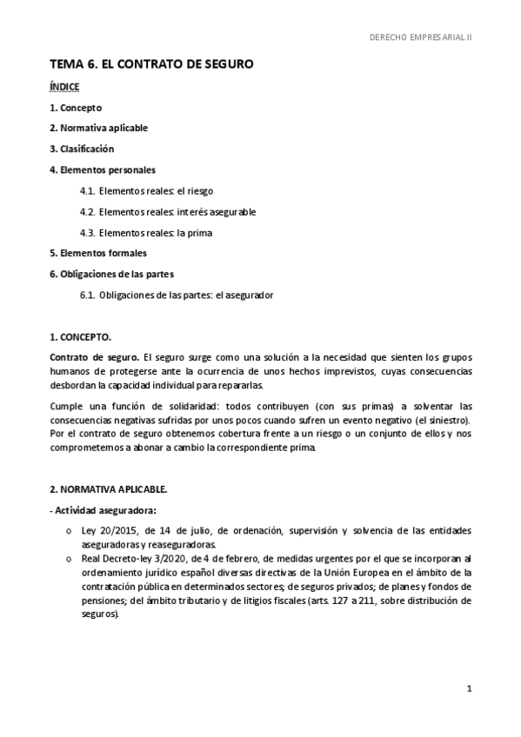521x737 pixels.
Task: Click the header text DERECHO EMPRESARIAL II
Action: [x=420, y=38]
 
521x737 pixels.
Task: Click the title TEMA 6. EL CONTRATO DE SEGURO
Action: [x=151, y=65]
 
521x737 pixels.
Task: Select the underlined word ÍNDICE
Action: [x=64, y=87]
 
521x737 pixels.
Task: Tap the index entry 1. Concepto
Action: [x=76, y=108]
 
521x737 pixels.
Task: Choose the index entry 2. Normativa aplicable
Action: [x=98, y=128]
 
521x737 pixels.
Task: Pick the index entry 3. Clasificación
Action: [x=82, y=149]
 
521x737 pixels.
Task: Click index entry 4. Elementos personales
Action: [x=103, y=169]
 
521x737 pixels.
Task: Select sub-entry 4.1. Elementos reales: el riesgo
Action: [x=146, y=190]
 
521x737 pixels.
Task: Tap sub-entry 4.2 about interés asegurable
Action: [x=168, y=211]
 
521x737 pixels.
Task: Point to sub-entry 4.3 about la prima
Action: [x=146, y=233]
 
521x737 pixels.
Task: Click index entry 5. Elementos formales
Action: [x=98, y=253]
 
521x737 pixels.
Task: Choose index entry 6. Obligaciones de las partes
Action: [x=112, y=274]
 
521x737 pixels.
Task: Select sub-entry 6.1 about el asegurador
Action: [x=177, y=295]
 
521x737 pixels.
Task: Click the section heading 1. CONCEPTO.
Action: [x=80, y=336]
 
